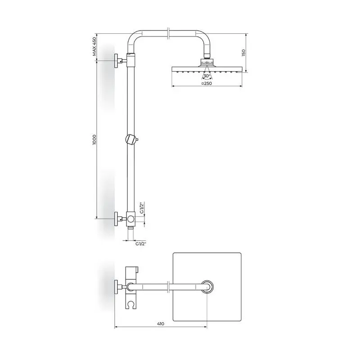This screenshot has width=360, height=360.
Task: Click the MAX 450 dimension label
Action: pos(94,47)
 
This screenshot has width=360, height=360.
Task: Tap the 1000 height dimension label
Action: pos(94,140)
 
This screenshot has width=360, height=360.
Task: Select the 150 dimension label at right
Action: pos(243,53)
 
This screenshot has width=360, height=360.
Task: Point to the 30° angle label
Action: pos(207,76)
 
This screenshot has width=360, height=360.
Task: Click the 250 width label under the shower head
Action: pos(207,83)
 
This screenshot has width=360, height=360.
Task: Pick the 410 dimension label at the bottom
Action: pos(161,324)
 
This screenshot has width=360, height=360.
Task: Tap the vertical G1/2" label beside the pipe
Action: pos(142,208)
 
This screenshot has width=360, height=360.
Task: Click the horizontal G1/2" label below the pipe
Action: pos(140,244)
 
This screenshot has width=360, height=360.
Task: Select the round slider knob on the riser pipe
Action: pos(130,139)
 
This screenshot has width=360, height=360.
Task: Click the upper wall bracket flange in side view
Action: pos(116,61)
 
